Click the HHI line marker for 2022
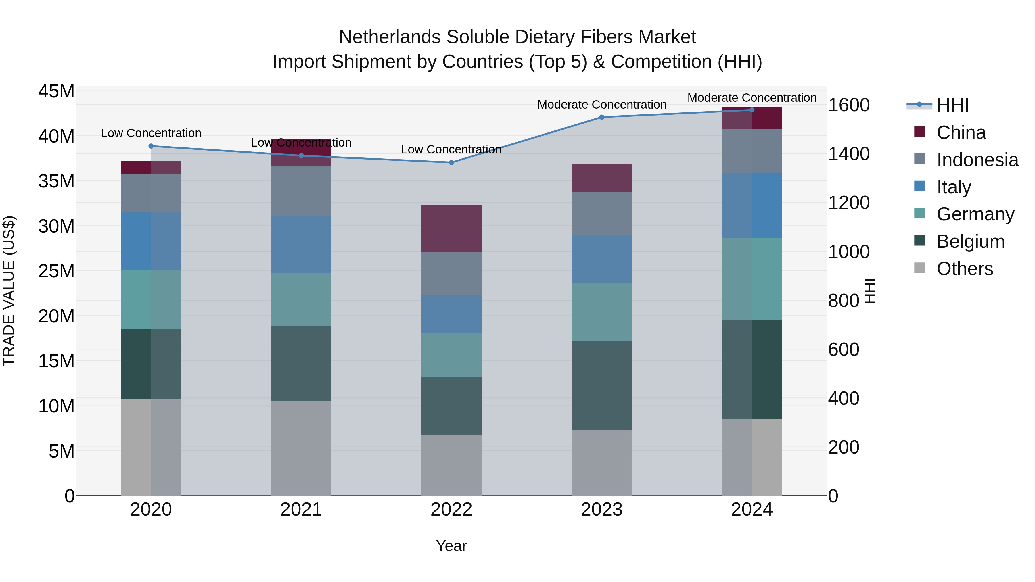pos(451,163)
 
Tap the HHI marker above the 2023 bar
pos(601,117)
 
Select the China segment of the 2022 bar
pos(451,228)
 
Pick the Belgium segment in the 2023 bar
pos(601,386)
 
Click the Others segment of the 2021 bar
pos(301,448)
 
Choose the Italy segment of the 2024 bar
pos(752,205)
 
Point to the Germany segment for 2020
pos(151,300)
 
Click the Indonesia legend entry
pos(977,160)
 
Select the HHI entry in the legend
pos(952,105)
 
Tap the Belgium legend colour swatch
pos(919,241)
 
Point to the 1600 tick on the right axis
pos(849,105)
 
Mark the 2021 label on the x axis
pos(301,510)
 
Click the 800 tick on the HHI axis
pos(844,300)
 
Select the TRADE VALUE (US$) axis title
pos(9,291)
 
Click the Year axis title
pos(451,546)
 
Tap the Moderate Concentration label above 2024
pos(752,98)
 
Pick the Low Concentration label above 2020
pos(151,133)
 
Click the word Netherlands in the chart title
pos(390,37)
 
